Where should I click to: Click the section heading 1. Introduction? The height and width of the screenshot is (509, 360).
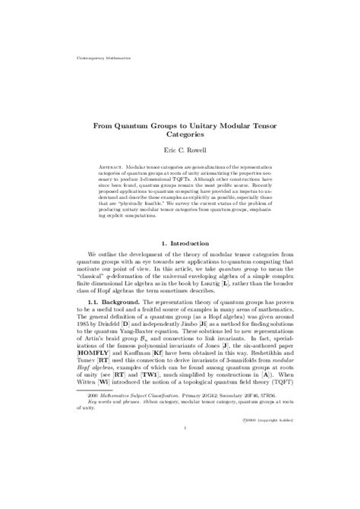[x=180, y=244]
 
